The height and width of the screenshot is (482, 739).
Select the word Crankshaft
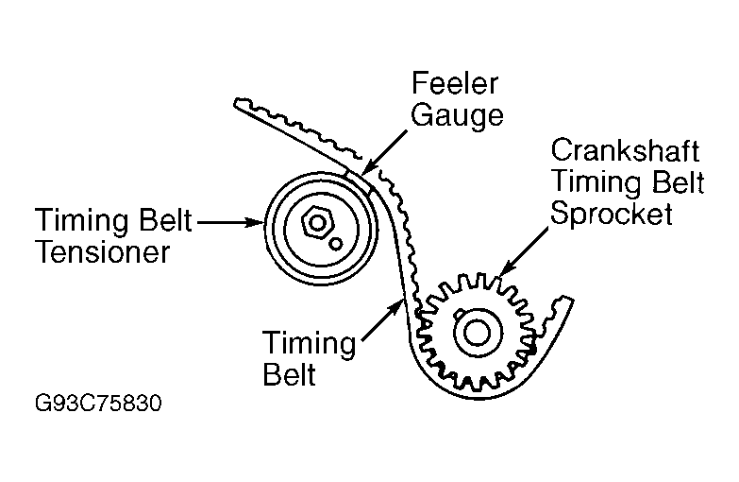627,150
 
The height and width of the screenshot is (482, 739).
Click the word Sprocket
612,214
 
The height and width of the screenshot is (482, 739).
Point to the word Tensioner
103,252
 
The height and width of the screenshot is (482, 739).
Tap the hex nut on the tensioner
317,224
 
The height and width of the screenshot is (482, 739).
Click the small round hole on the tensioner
336,243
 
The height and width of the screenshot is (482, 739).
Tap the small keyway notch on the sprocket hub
456,315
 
